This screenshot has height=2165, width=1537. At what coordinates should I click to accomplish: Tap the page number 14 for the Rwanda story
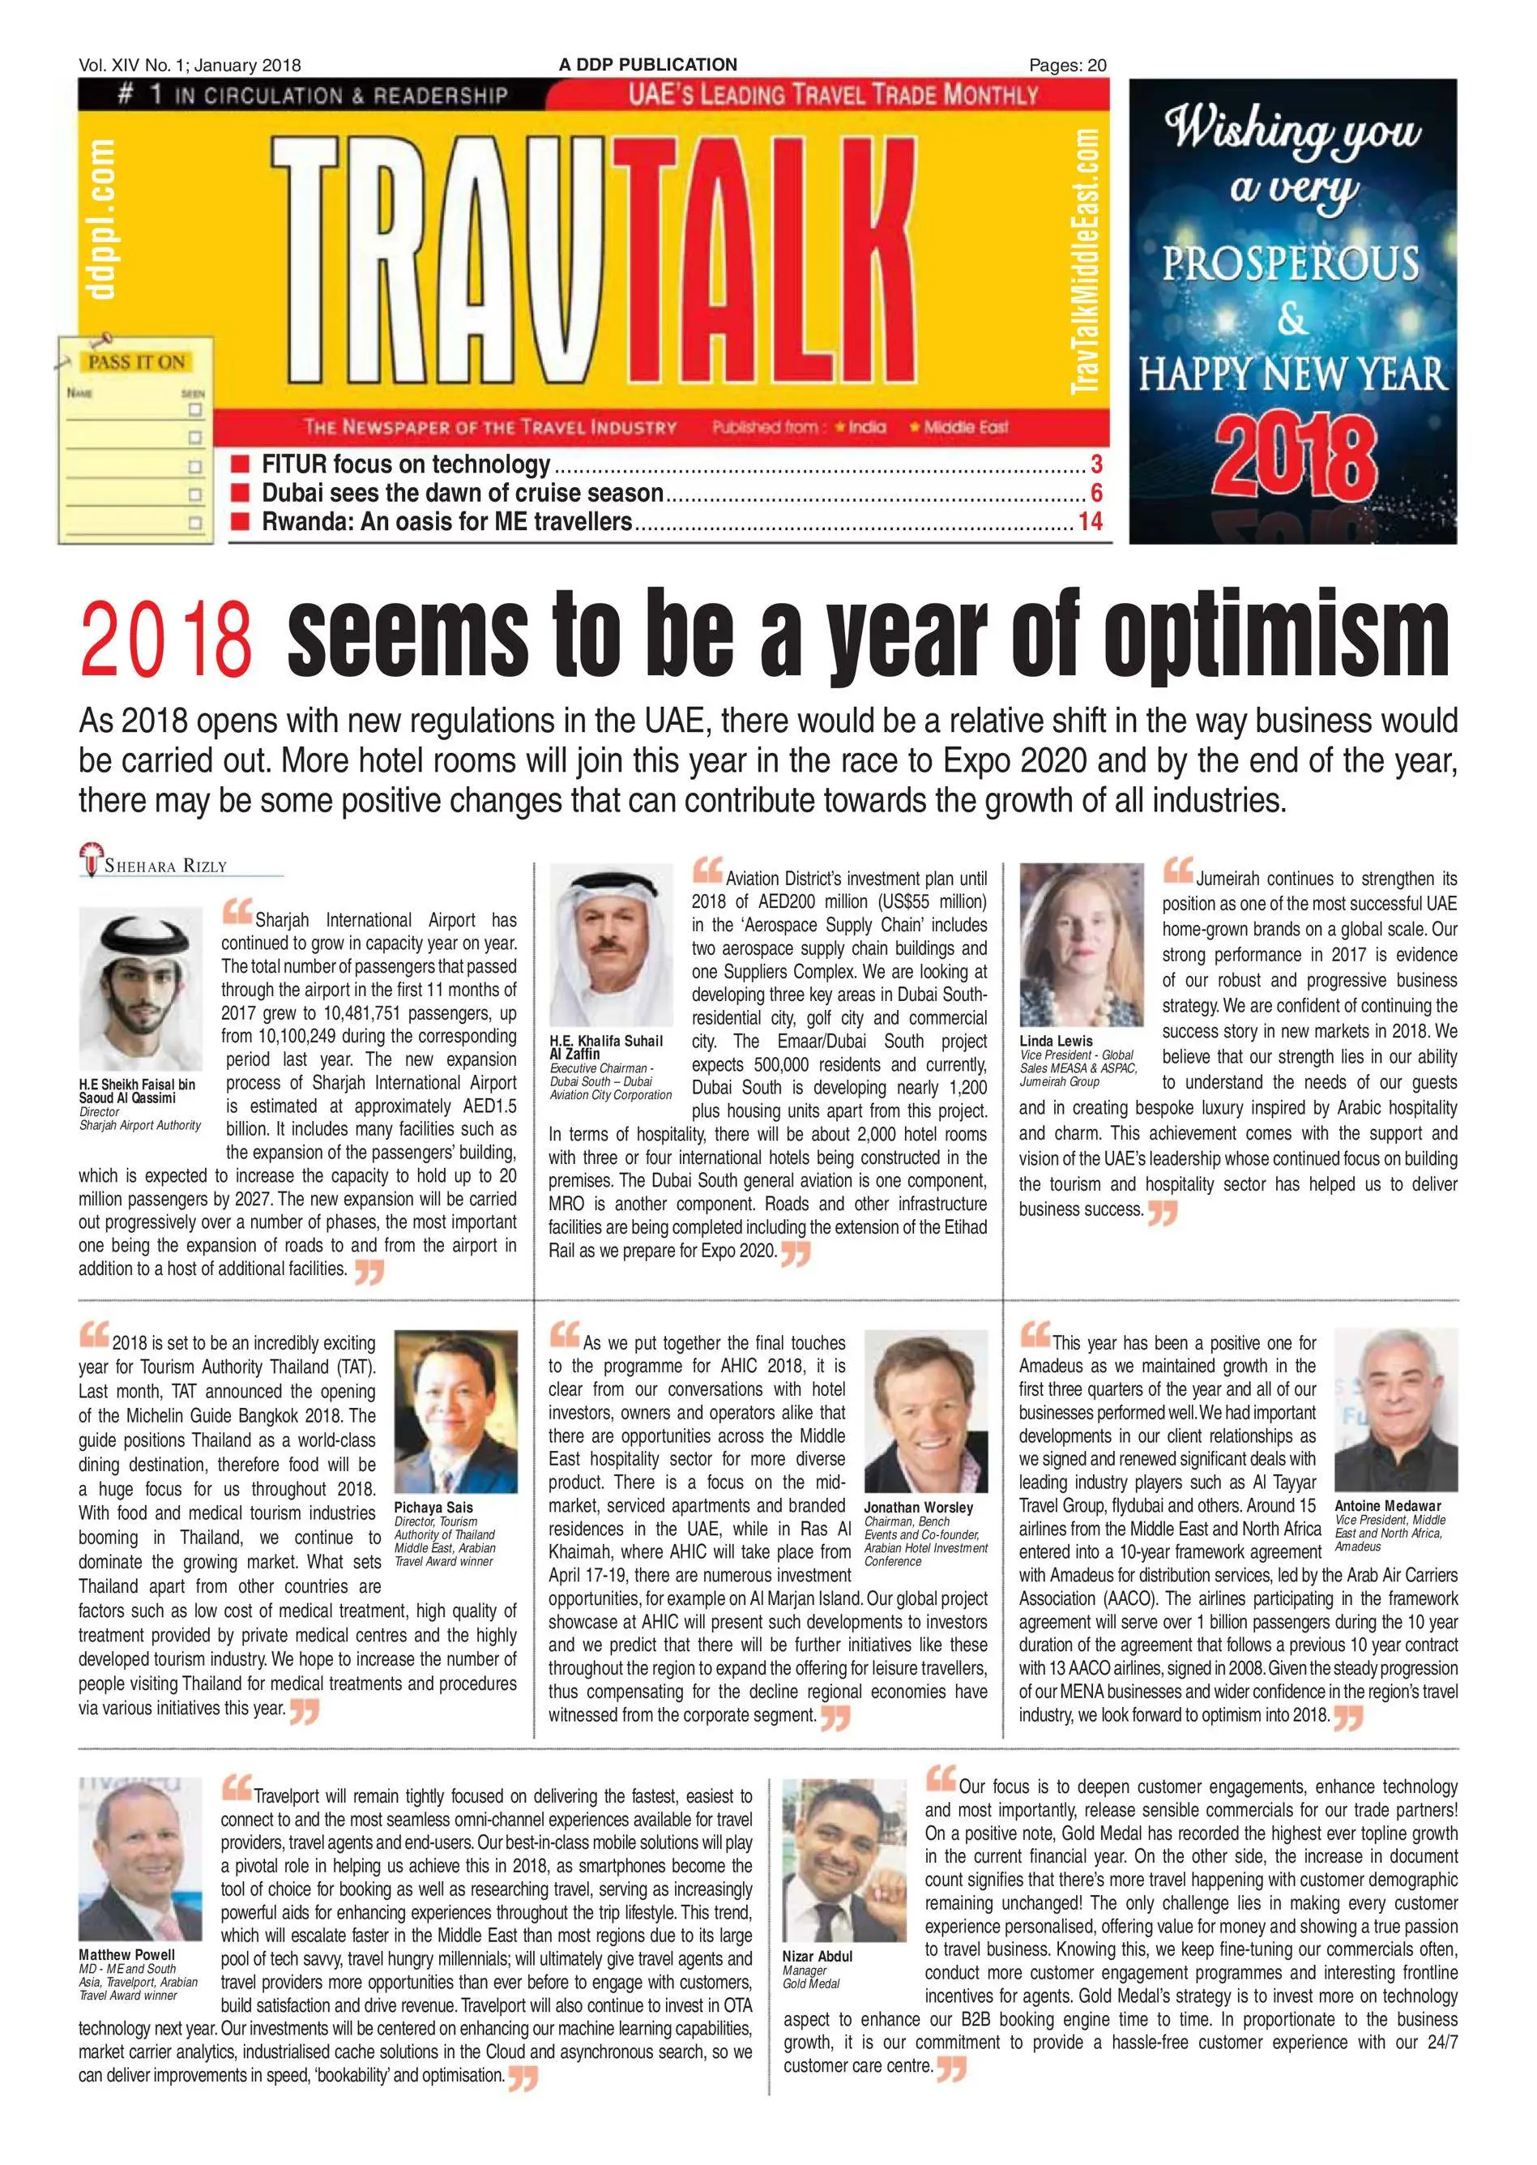(x=1091, y=522)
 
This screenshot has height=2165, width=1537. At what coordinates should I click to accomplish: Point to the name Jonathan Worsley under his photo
(x=917, y=1507)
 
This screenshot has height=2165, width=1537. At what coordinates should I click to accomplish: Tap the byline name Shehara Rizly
(x=164, y=865)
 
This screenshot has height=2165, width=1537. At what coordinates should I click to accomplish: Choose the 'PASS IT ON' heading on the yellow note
(x=137, y=362)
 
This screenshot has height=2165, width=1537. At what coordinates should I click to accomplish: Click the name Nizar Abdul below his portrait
(x=817, y=1956)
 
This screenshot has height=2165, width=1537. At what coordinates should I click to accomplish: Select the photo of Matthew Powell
(x=140, y=1859)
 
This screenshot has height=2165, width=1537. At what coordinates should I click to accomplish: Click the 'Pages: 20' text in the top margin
(x=1068, y=66)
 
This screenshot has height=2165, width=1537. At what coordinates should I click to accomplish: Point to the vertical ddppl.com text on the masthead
(x=101, y=219)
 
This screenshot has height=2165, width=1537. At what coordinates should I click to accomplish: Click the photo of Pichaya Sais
(x=455, y=1410)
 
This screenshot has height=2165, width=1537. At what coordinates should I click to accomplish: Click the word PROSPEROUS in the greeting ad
(x=1291, y=263)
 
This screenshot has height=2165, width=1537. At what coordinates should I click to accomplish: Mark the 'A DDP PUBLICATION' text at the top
(x=647, y=64)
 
